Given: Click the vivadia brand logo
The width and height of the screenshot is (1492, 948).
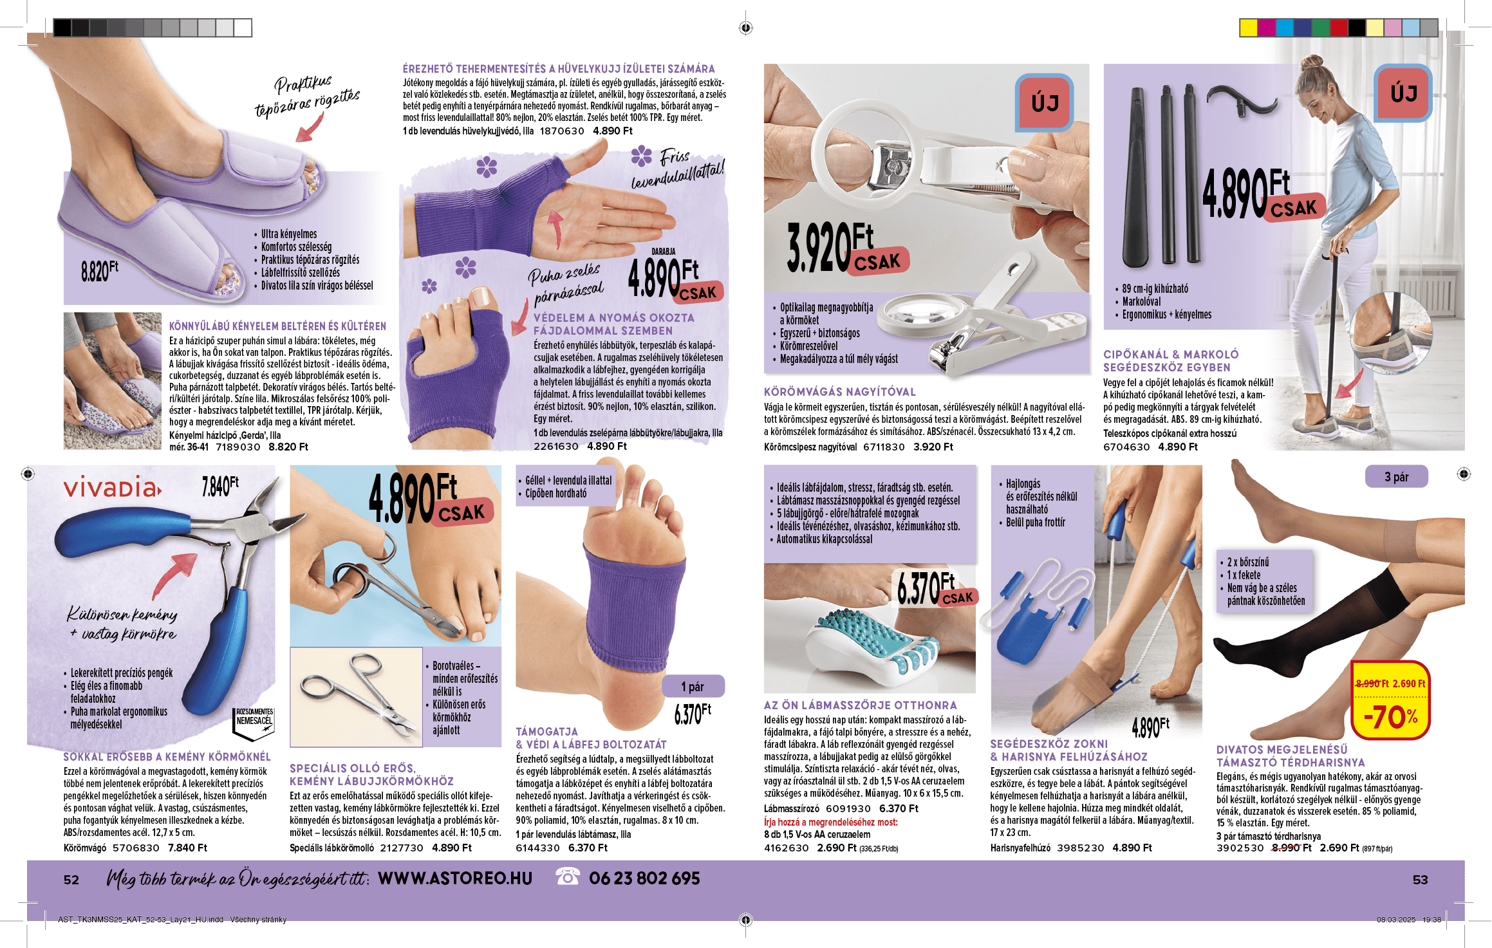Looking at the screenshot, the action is [112, 488].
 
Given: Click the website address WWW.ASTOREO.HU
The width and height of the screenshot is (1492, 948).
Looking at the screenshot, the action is [455, 878].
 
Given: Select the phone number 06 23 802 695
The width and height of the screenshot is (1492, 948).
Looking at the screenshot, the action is [644, 878].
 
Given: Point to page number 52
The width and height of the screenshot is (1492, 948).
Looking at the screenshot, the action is [71, 880].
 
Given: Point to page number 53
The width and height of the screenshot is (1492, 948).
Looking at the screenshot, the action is [1420, 880].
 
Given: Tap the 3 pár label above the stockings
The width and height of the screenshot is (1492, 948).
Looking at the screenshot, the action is [1396, 477].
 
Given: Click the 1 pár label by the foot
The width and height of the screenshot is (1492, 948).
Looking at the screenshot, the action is [693, 687].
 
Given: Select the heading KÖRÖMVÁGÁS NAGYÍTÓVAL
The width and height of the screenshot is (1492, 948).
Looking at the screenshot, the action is [839, 392].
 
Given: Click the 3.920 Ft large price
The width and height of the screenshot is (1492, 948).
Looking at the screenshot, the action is [846, 248].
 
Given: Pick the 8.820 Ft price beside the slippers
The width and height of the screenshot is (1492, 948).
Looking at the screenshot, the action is [100, 271].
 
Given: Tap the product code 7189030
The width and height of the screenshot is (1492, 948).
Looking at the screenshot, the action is [238, 447].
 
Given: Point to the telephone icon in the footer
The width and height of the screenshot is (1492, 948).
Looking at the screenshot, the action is [567, 877].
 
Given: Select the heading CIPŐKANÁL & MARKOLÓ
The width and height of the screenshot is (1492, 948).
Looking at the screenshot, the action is [1171, 355].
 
